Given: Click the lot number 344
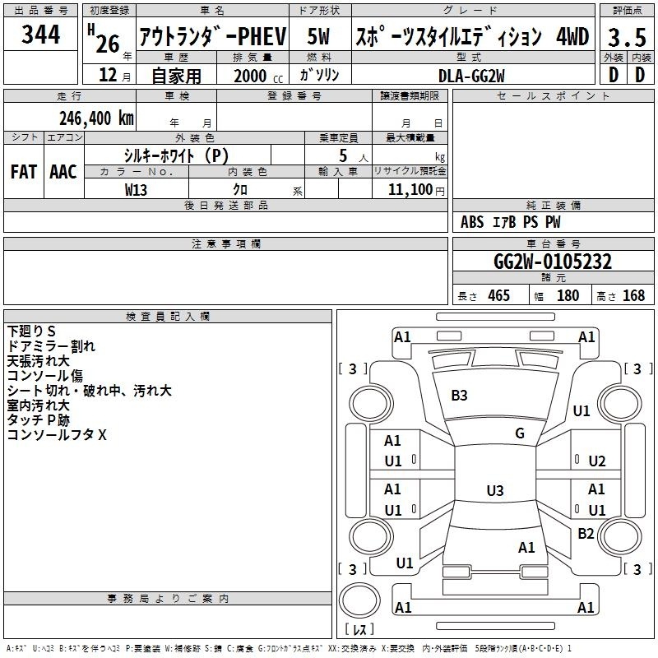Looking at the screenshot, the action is pos(40,35).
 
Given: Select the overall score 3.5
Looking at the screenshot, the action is pos(627,38).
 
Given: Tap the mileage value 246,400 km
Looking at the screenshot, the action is pos(96,118).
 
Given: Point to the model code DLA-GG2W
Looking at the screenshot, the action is pos(471,76).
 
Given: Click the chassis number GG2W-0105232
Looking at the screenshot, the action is pos(553,262).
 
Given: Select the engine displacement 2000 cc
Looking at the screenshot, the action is pos(258,76).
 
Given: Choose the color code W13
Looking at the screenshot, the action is pos(136,190).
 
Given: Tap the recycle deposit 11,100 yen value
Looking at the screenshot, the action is pos(416,190).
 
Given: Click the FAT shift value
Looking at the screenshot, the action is pos(24,172).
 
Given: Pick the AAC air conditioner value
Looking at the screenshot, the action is pos(63,172).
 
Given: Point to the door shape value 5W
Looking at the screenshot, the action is pos(318,36).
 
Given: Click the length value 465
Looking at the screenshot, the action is pos(498,295).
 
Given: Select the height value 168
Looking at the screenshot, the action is pos(633,295).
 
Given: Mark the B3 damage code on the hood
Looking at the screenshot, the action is pos(459,396).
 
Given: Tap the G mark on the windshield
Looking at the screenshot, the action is pos(520,433).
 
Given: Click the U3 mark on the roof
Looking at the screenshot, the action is pos(495,490).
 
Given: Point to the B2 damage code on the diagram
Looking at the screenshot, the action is pos(586,533).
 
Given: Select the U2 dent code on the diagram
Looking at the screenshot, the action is pos(597,461).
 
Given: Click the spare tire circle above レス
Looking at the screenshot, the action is pos(359,600).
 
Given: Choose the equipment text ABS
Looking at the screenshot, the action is pos(472,222).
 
